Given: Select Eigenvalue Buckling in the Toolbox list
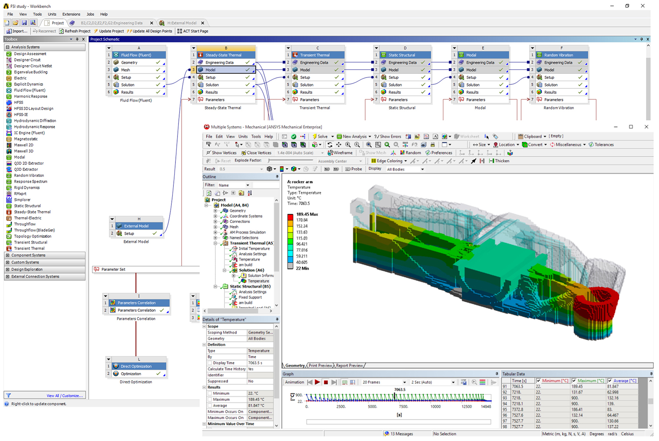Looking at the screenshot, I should [30, 72].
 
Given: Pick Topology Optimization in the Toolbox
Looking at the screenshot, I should [33, 236].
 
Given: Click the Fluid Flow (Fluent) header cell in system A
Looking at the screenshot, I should [136, 55].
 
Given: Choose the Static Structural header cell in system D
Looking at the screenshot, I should [402, 55].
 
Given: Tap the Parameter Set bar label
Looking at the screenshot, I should [113, 270].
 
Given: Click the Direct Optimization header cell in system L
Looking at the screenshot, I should [136, 366].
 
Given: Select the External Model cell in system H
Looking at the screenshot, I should [136, 226].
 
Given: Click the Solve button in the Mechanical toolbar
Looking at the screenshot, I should [320, 136].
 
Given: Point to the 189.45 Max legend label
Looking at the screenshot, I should [307, 214].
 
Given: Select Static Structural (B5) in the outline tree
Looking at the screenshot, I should [250, 286].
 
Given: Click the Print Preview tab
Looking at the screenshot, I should [320, 366].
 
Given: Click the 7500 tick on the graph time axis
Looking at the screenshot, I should [403, 406].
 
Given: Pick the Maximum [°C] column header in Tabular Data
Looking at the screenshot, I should [590, 381].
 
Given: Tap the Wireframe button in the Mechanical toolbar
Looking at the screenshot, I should [340, 153].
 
